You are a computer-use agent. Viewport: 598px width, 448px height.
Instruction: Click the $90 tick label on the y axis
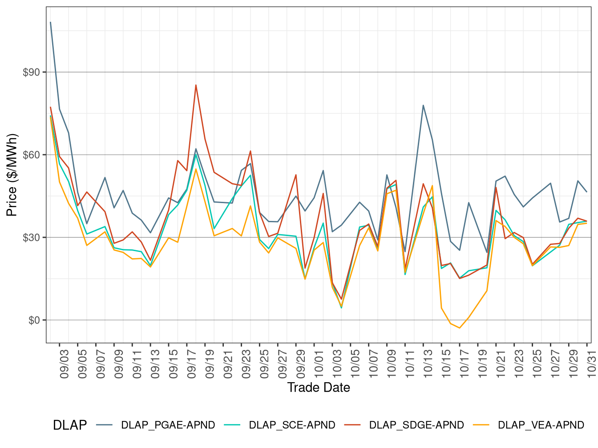31,72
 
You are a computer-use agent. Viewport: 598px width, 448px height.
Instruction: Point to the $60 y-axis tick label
31,155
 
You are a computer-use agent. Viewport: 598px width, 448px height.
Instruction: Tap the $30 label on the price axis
31,237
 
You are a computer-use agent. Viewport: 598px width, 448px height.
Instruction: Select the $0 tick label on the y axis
34,320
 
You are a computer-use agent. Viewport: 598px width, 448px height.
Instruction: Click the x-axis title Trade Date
319,388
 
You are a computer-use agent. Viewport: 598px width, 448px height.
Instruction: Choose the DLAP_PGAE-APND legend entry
168,425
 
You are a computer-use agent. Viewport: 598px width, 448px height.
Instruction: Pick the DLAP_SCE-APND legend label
292,425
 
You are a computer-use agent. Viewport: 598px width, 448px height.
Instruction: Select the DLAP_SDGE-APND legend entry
416,425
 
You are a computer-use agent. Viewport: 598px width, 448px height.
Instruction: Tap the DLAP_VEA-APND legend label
541,425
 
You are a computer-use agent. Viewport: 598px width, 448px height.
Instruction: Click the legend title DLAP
70,425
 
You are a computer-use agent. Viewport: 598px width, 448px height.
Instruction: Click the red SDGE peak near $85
196,85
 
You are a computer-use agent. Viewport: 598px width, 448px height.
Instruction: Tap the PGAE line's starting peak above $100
51,22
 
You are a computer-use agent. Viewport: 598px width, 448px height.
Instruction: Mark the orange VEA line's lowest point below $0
459,328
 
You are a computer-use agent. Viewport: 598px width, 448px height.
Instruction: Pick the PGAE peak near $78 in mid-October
423,105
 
